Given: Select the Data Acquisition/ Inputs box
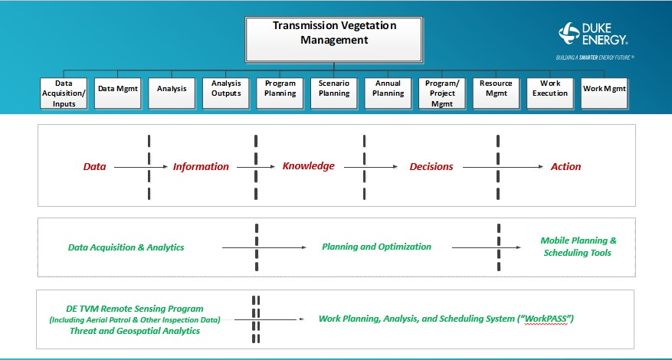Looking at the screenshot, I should tap(64, 93).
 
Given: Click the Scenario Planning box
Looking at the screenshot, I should tap(334, 89).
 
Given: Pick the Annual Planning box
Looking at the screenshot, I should tap(388, 89).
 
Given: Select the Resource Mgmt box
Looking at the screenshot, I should tap(496, 89).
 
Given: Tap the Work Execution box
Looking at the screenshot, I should tap(550, 89).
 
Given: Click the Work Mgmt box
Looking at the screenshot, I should tap(605, 89).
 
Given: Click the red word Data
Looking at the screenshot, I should tap(94, 166).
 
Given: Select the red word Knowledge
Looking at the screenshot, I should tap(308, 166).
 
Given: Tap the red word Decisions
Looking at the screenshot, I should tap(431, 166).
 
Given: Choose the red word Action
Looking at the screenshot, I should tap(565, 166).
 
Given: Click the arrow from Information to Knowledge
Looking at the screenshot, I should tap(255, 166).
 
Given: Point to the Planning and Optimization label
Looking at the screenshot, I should tap(376, 247).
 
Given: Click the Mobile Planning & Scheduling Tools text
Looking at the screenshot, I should tap(579, 247).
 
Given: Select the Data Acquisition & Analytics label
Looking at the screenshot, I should tap(126, 247).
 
